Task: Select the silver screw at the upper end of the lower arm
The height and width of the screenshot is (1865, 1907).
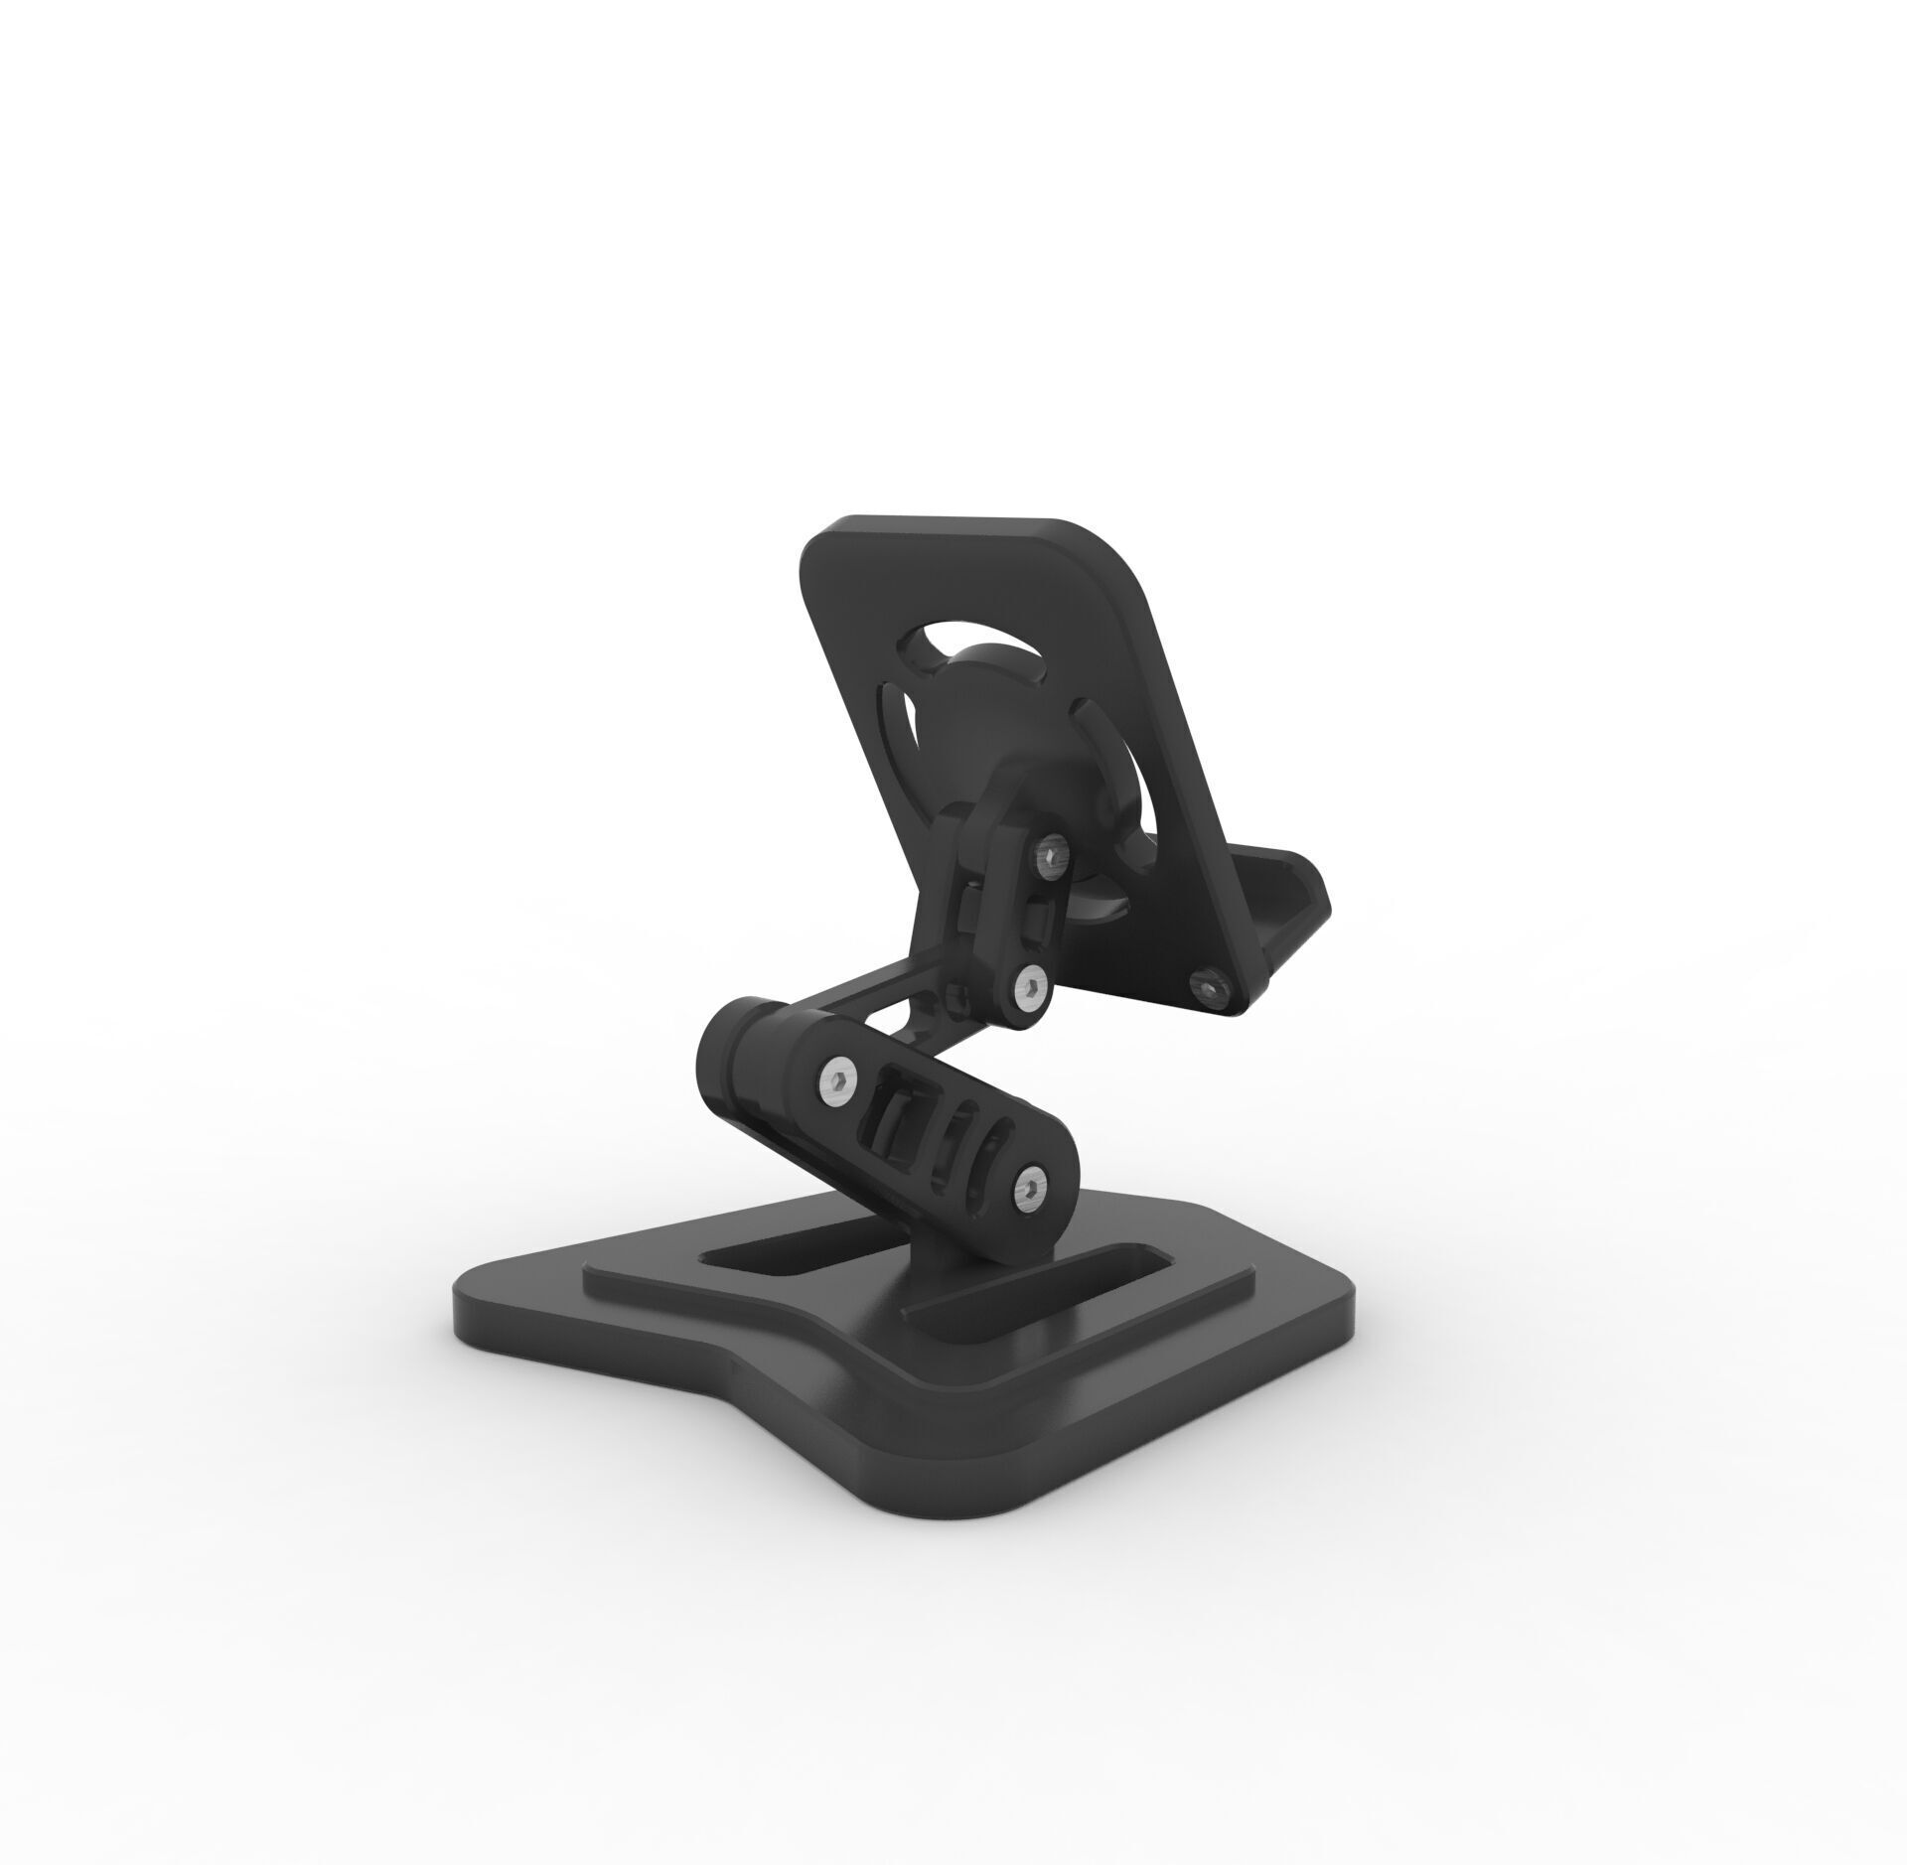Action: click(x=839, y=1076)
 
